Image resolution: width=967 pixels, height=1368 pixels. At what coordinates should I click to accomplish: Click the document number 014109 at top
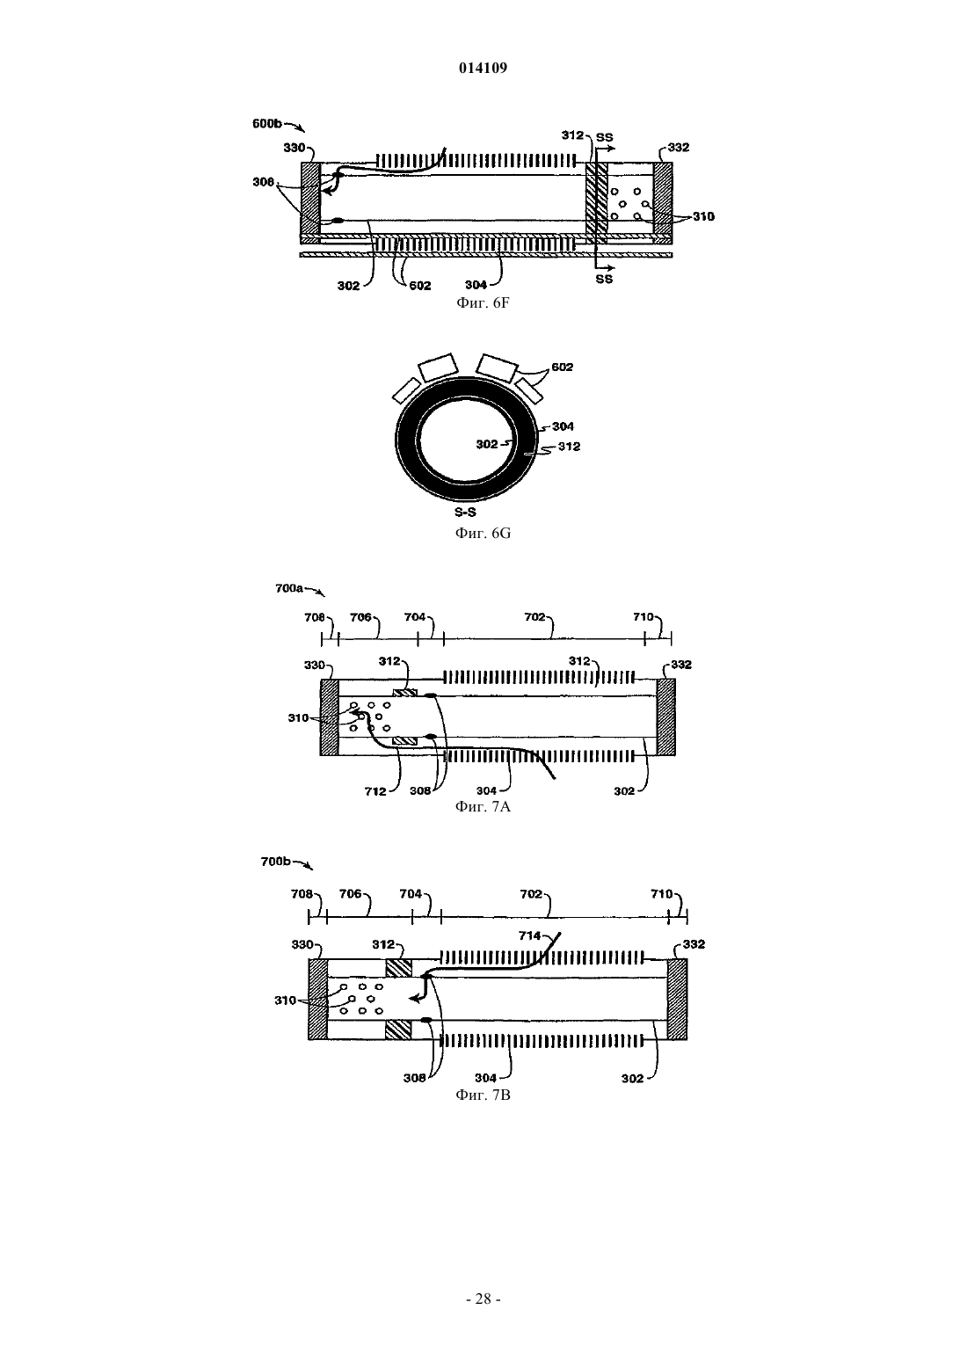tap(483, 68)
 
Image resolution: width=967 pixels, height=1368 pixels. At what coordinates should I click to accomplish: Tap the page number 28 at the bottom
tap(483, 1299)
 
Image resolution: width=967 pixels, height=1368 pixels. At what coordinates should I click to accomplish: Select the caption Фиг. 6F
tap(483, 303)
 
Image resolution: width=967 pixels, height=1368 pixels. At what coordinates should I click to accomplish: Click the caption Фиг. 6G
tap(483, 533)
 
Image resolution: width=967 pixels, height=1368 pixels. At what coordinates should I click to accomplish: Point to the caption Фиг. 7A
tap(483, 807)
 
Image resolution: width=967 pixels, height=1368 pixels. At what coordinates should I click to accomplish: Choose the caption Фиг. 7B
tap(483, 1095)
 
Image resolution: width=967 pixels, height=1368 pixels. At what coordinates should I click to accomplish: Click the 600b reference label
tap(267, 123)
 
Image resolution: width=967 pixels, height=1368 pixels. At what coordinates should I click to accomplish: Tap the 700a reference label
tap(289, 588)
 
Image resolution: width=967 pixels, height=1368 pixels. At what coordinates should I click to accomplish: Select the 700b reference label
tap(275, 862)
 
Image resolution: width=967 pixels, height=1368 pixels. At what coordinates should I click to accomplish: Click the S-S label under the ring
tap(465, 513)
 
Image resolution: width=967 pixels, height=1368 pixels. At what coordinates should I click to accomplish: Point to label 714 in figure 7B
tap(529, 935)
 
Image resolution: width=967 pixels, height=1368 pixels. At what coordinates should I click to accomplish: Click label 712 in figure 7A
tap(375, 791)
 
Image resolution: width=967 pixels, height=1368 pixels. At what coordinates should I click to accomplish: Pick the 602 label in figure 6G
tap(563, 367)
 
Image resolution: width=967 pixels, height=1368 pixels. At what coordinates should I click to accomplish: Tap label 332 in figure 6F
tap(679, 147)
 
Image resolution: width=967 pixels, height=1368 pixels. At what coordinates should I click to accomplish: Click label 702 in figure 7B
tap(530, 894)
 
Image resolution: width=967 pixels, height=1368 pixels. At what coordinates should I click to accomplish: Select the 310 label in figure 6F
tap(703, 216)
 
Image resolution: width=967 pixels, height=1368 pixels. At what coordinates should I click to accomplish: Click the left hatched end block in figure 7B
tap(318, 999)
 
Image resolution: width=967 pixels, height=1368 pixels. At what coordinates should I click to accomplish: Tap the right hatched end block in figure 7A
tap(666, 717)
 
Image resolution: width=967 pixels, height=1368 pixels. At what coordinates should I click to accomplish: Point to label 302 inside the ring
tap(487, 444)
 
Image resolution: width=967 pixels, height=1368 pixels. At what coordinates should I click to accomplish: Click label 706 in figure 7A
tap(360, 617)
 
